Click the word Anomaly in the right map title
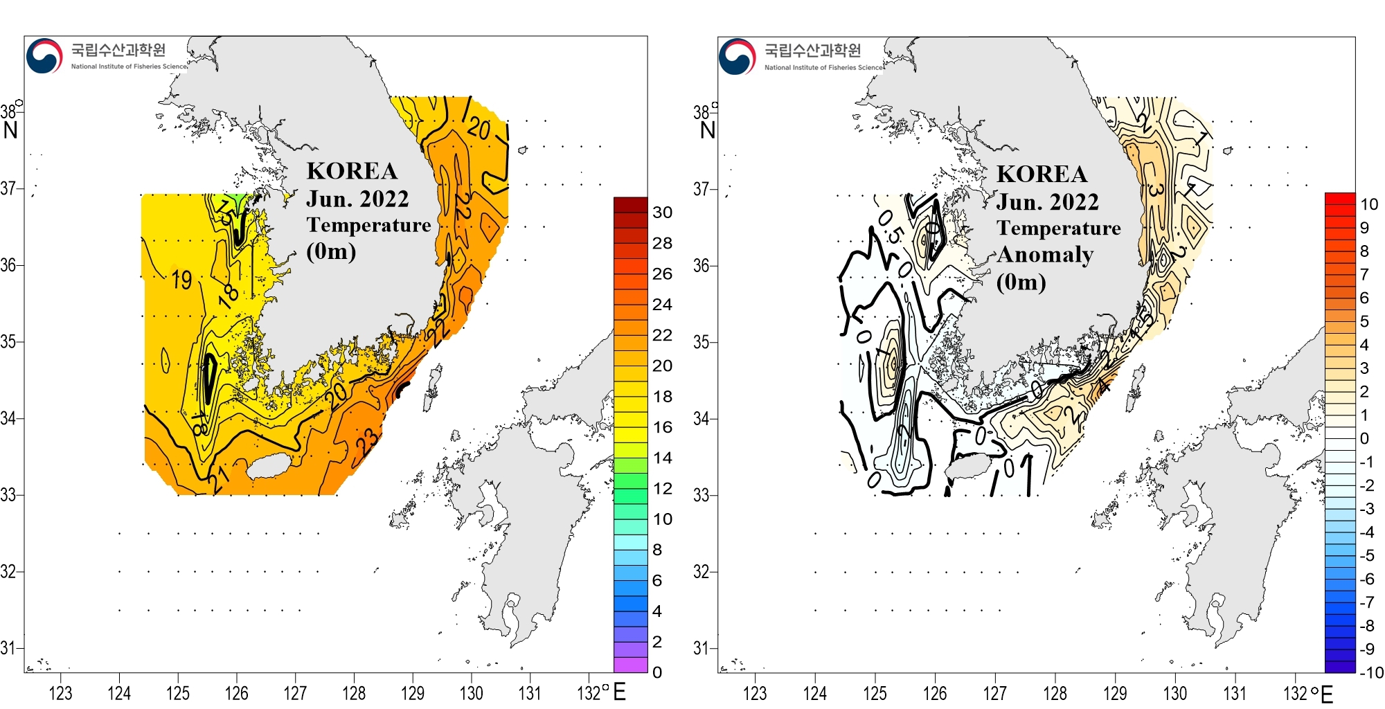click(1045, 255)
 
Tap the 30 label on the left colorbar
click(662, 213)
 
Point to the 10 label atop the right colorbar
click(1369, 204)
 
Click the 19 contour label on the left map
click(181, 280)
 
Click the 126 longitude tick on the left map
click(237, 693)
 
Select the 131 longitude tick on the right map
click(1235, 693)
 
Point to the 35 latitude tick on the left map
click(8, 341)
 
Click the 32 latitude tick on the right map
click(702, 572)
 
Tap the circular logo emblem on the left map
click(44, 56)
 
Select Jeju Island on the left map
click(271, 465)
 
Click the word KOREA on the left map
click(352, 171)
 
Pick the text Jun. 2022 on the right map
click(1047, 202)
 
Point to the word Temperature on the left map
click(368, 225)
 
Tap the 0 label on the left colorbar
click(657, 672)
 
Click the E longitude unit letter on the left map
click(619, 692)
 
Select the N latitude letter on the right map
click(707, 130)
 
